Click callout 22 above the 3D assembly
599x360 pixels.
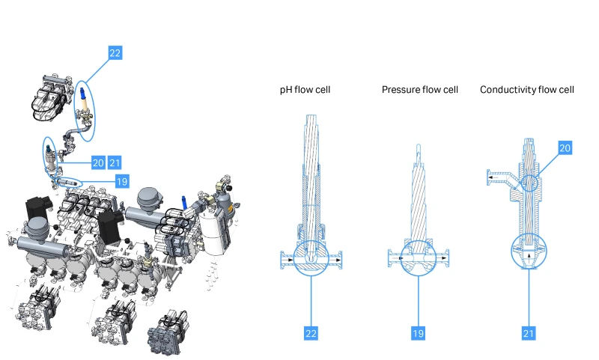click(115, 52)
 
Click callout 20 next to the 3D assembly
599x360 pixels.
click(98, 162)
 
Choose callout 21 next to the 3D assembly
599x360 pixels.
click(115, 162)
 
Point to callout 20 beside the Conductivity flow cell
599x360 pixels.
click(565, 149)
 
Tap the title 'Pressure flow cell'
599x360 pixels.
click(419, 90)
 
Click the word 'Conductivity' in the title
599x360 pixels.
click(508, 90)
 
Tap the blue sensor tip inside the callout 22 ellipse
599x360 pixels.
click(81, 94)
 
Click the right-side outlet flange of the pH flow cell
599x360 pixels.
click(341, 260)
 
